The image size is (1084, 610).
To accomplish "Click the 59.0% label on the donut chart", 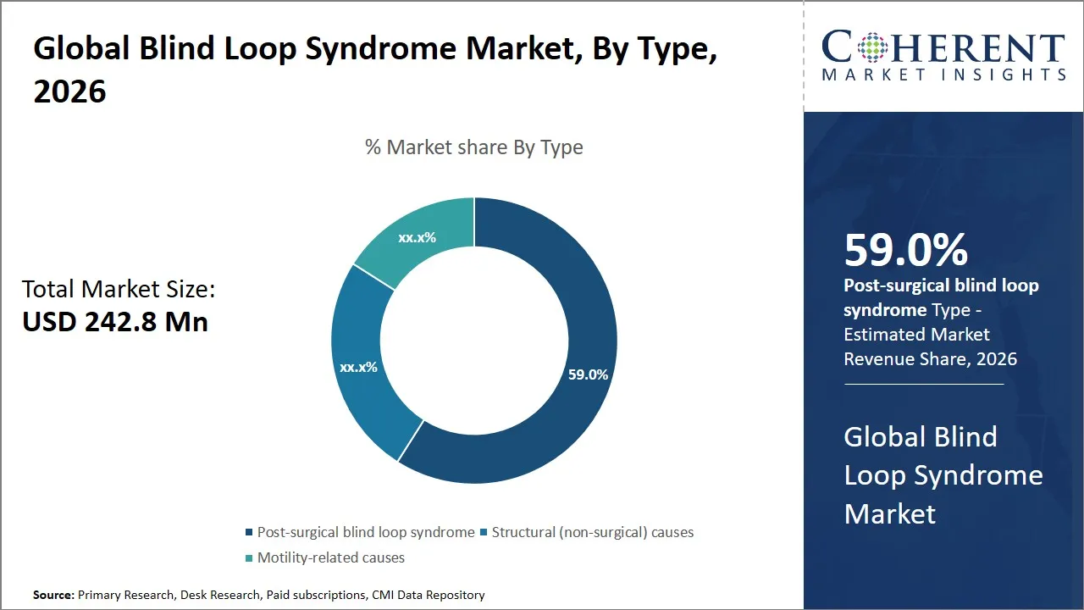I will (588, 374).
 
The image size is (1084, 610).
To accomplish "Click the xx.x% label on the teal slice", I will (417, 238).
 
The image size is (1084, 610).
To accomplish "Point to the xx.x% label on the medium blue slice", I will (358, 368).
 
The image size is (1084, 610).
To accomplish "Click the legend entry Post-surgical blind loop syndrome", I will (365, 532).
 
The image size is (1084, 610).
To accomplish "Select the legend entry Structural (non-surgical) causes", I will (592, 532).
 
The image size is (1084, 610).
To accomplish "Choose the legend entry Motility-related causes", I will (330, 557).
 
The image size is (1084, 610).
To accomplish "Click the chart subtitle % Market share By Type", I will (473, 147).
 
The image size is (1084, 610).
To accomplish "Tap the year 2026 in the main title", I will (70, 91).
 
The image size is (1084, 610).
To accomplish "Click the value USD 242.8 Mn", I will (115, 322).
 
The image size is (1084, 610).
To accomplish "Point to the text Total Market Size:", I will (119, 290).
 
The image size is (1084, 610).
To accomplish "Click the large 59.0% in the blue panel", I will (905, 251).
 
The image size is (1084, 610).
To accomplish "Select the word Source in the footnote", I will (53, 595).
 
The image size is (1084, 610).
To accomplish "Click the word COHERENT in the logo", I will (943, 47).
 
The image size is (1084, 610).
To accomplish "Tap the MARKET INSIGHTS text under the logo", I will (943, 75).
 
